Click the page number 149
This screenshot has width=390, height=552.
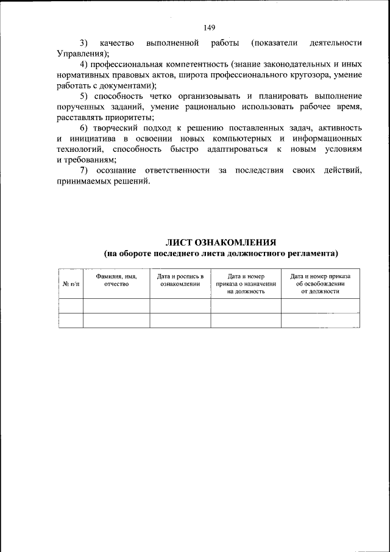tap(210, 27)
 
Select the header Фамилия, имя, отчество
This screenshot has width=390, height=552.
tap(116, 280)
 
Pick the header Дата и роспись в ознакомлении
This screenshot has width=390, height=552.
tap(180, 280)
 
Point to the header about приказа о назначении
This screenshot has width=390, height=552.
tap(246, 284)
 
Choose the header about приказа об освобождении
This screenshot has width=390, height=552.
tap(320, 284)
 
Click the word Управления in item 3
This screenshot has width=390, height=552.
tap(77, 54)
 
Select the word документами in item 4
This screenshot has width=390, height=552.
tap(133, 86)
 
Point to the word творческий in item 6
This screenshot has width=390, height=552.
tap(119, 128)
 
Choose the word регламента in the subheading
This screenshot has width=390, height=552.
tap(311, 253)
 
